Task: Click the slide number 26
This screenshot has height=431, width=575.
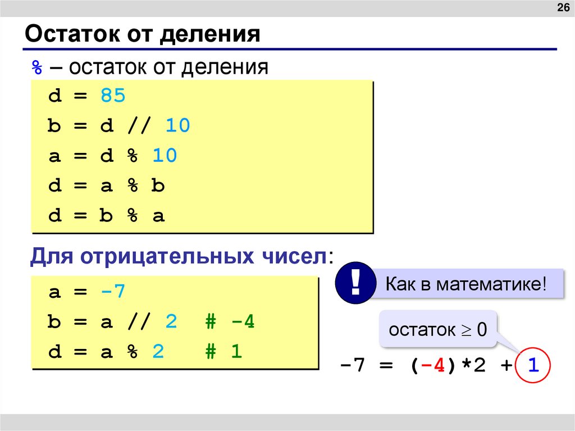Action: tap(562, 8)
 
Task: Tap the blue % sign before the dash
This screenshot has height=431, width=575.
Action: tap(36, 68)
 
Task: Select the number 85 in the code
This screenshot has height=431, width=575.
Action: tap(113, 96)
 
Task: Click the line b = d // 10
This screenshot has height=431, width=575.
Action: tap(119, 126)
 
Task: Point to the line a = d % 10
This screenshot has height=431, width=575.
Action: tap(112, 156)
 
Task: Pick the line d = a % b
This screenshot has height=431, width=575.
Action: tap(106, 186)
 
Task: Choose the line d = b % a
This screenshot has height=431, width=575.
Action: tap(106, 216)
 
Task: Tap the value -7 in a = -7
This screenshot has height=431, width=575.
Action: tap(113, 292)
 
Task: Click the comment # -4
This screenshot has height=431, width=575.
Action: tap(229, 323)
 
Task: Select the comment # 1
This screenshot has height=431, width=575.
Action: tap(223, 352)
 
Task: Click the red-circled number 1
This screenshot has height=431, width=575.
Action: tap(533, 366)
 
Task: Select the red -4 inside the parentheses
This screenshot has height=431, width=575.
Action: tap(433, 367)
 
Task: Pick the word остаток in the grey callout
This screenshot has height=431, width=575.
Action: tap(422, 330)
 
